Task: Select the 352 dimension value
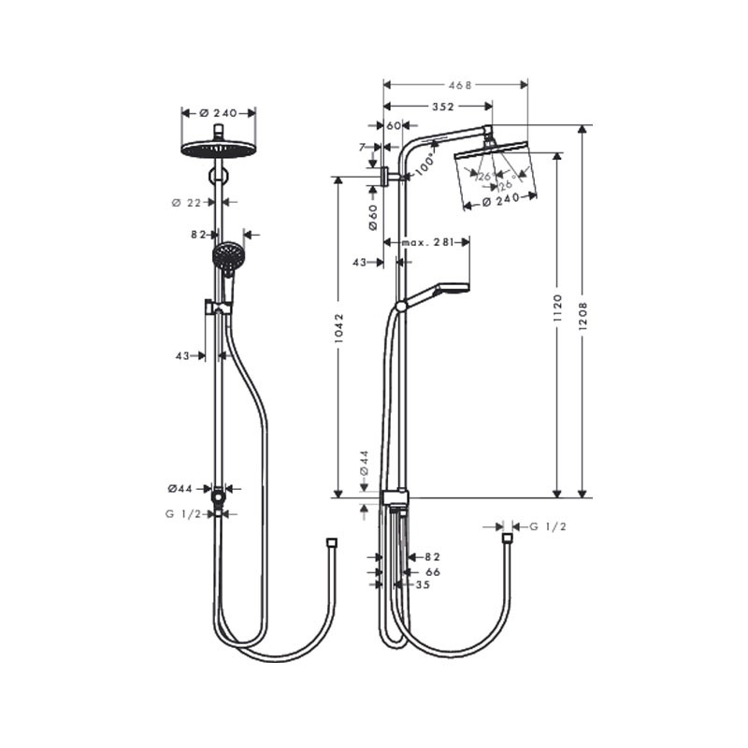pyautogui.click(x=430, y=107)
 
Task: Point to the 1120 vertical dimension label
pyautogui.click(x=558, y=308)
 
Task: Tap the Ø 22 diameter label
pyautogui.click(x=188, y=202)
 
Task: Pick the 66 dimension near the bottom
pyautogui.click(x=432, y=571)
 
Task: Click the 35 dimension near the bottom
pyautogui.click(x=423, y=584)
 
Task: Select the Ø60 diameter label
pyautogui.click(x=372, y=217)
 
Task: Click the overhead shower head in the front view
pyautogui.click(x=217, y=149)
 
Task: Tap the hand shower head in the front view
pyautogui.click(x=227, y=256)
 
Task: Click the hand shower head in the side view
pyautogui.click(x=449, y=289)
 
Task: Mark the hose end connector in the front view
pyautogui.click(x=331, y=541)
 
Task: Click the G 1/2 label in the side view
pyautogui.click(x=548, y=526)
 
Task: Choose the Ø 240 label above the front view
pyautogui.click(x=217, y=112)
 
